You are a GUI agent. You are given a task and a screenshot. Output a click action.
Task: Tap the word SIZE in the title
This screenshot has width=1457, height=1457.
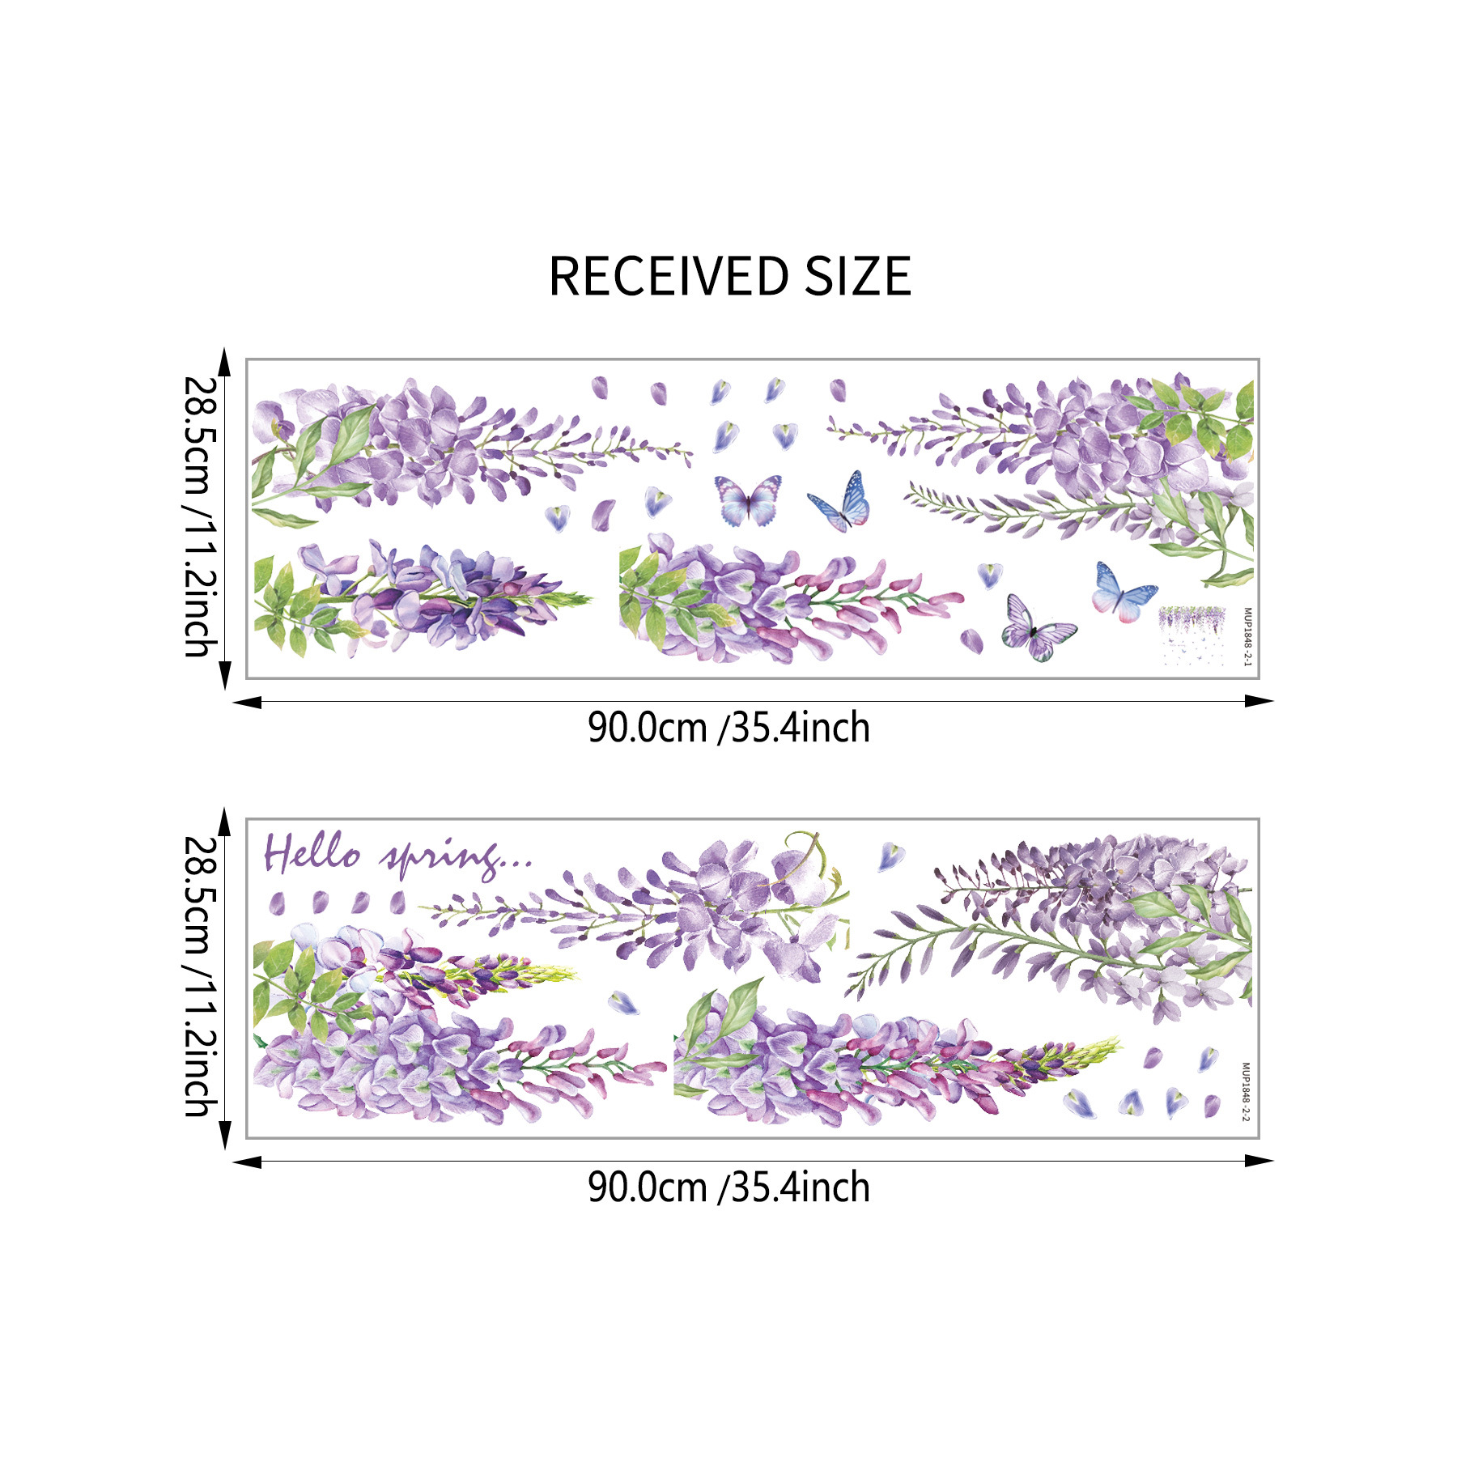pos(858,277)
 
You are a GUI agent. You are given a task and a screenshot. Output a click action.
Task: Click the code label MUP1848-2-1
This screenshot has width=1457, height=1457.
pos(1247,636)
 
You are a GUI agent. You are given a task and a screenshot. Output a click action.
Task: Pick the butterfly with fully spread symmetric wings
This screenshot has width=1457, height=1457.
pos(748,499)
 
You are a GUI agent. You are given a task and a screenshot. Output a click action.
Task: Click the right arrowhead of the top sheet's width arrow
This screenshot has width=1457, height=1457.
pos(1259,701)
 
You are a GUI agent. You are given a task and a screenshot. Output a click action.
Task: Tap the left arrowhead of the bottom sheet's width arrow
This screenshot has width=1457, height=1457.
pos(246,1162)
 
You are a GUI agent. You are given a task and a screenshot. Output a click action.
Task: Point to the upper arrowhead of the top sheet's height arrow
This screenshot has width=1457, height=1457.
pos(225,363)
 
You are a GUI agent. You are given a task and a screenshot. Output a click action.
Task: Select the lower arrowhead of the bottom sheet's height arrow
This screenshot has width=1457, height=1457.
pos(225,1135)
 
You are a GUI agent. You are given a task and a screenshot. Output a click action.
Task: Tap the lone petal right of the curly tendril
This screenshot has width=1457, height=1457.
pos(890,855)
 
